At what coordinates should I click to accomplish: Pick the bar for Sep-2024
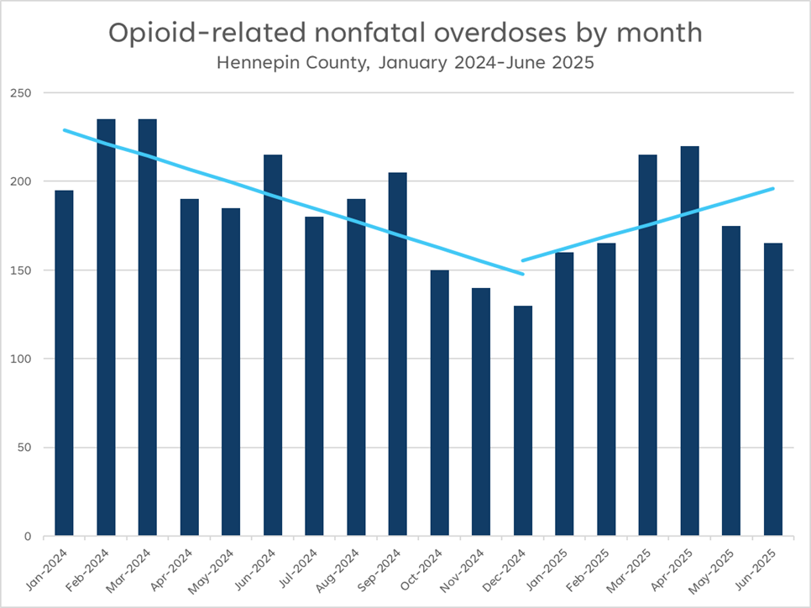click(x=398, y=354)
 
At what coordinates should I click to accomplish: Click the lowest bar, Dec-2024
click(x=523, y=421)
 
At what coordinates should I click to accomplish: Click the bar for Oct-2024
click(x=440, y=403)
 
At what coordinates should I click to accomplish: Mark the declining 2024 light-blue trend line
click(x=294, y=202)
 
